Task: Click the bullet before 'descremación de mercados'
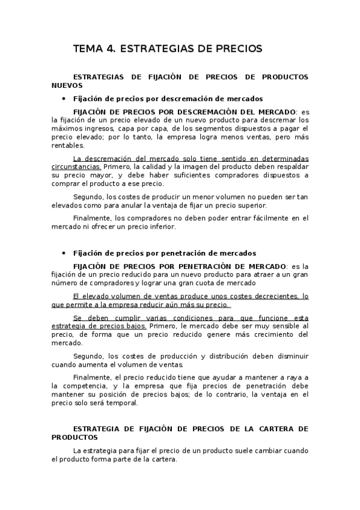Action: (x=64, y=98)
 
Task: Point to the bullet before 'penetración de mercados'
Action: (x=64, y=254)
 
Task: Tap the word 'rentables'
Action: (x=68, y=146)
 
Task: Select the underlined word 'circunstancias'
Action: (x=76, y=166)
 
